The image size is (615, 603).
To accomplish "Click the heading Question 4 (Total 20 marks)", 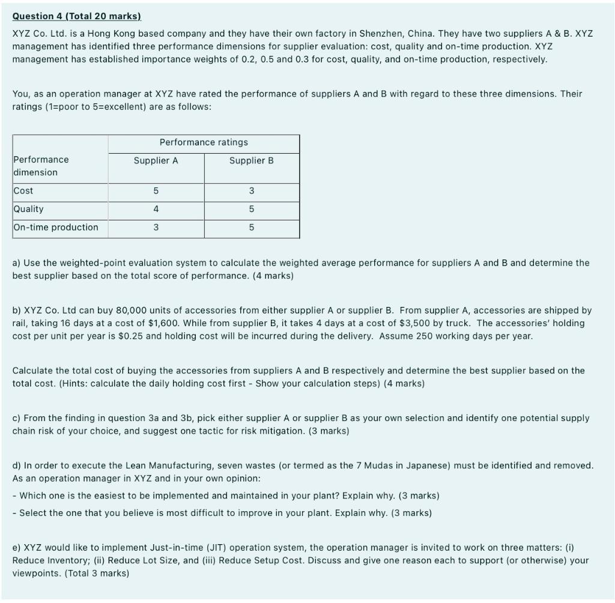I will tap(76, 17).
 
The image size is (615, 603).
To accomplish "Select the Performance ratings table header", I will tap(204, 142).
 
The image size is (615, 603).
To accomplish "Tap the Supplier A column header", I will tap(156, 160).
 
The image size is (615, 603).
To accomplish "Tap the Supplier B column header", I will tap(251, 160).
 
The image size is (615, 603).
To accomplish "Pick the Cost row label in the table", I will tap(23, 190).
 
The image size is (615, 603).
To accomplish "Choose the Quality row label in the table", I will tap(28, 209).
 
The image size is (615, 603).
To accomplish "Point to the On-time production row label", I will tap(55, 227).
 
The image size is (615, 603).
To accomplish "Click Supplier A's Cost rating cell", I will tap(156, 191).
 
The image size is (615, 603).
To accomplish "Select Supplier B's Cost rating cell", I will tap(251, 191).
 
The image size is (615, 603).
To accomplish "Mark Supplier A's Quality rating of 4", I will tap(156, 209).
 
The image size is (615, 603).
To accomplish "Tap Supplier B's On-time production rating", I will tap(251, 228).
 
